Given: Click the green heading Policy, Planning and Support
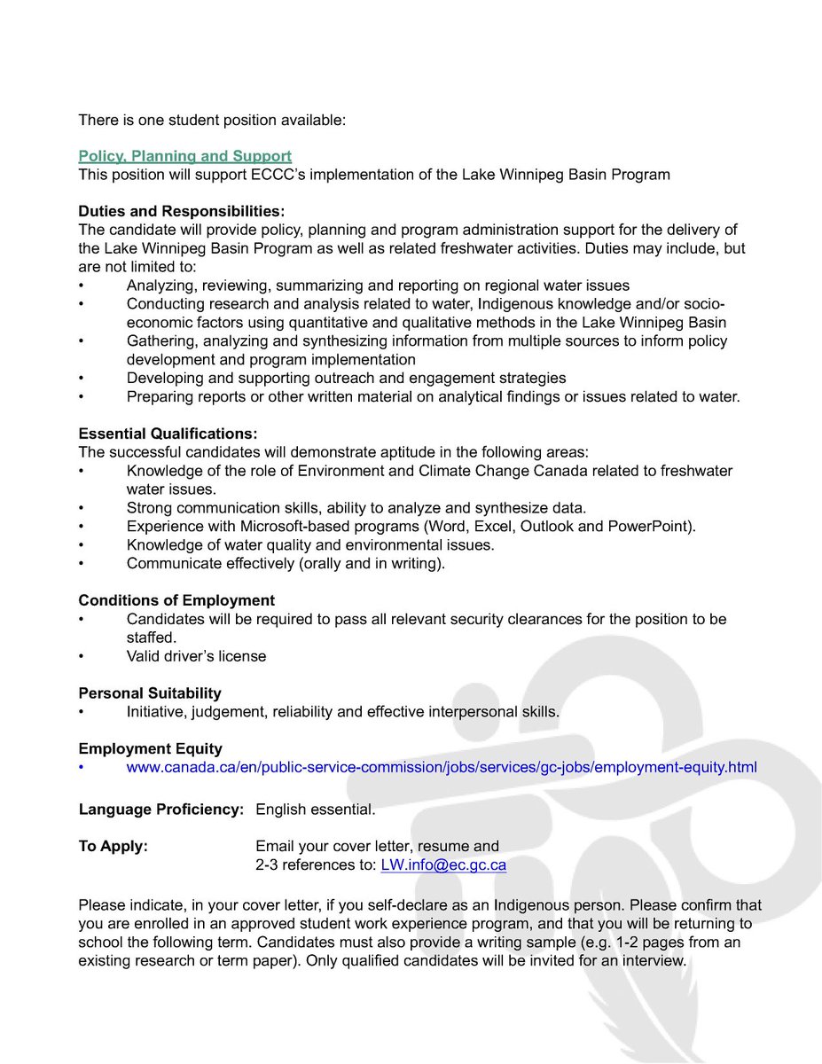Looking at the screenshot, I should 184,156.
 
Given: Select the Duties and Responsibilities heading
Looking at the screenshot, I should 182,211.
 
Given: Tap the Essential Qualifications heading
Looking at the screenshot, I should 168,434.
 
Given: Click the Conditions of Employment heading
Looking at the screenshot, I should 176,600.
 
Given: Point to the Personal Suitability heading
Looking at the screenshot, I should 150,692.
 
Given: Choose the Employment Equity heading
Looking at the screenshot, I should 150,748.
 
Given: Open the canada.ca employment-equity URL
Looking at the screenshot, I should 442,767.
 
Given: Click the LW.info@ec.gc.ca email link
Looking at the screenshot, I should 443,865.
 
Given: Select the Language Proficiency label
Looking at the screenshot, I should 160,810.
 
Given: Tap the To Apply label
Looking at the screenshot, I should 114,846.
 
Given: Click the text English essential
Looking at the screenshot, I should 315,810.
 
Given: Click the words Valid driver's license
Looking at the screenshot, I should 196,656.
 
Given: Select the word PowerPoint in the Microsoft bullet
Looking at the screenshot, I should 649,527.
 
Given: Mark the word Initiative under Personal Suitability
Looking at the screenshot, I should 155,711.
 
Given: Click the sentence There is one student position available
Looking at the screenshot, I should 212,119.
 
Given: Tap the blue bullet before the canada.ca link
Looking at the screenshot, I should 82,767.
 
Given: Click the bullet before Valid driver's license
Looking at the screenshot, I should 82,656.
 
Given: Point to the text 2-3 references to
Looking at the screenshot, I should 316,865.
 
